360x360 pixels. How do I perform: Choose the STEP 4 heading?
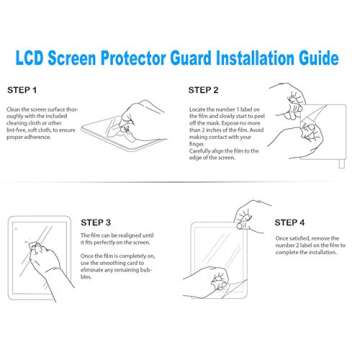291,222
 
